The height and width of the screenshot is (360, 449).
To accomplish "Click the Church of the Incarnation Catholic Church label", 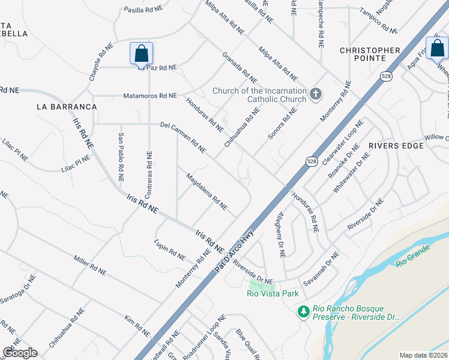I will click(x=259, y=95).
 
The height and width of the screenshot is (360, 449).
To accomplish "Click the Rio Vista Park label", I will click(x=273, y=293).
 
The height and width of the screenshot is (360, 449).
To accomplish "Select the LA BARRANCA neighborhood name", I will click(x=67, y=107).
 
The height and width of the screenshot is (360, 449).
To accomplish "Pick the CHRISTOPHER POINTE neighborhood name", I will click(x=370, y=55).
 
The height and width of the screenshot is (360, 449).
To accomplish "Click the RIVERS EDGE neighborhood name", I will click(x=392, y=145).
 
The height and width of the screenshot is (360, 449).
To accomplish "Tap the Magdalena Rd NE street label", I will click(x=206, y=191).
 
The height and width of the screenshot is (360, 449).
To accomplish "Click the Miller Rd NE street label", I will click(x=90, y=264).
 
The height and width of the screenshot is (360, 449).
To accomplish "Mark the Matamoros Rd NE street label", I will click(x=150, y=95).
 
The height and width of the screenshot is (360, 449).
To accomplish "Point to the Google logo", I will click(x=20, y=353).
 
